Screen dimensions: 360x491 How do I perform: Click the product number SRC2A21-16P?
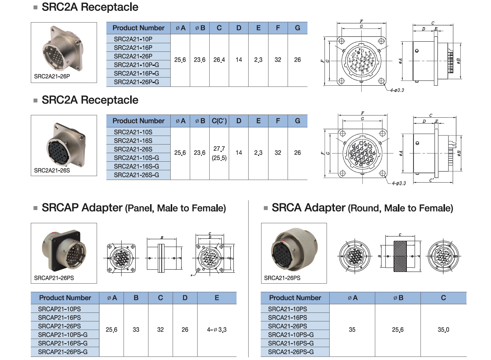point(133,48)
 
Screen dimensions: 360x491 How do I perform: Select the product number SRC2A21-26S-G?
point(136,175)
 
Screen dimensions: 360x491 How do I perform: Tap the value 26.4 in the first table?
point(219,60)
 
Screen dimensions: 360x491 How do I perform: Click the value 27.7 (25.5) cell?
point(219,153)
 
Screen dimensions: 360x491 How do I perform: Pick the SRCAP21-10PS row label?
point(60,309)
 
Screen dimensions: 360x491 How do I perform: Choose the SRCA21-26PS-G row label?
point(291,351)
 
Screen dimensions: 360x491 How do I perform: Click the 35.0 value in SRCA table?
point(443,330)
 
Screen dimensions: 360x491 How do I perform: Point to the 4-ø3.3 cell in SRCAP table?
point(217,330)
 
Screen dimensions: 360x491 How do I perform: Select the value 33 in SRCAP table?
point(136,330)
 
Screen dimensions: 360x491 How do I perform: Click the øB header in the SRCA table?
point(397,298)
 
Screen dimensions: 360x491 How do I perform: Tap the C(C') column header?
point(219,121)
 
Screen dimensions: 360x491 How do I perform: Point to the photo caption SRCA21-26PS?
point(282,278)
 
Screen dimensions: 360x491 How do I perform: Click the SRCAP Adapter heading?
point(82,208)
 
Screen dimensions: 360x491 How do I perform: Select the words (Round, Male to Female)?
point(400,208)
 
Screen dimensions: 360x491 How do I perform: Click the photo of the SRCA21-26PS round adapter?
point(294,249)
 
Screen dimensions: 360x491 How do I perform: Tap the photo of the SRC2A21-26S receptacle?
point(64,142)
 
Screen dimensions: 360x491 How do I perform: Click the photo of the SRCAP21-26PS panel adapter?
point(64,249)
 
